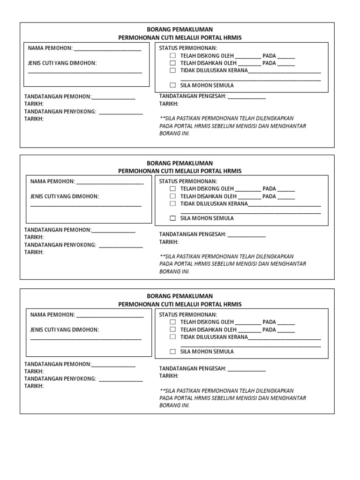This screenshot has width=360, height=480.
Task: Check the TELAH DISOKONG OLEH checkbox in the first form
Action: point(172,55)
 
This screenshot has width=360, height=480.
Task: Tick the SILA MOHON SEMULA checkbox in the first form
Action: point(172,85)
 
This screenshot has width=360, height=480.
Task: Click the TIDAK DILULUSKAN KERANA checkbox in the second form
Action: point(172,203)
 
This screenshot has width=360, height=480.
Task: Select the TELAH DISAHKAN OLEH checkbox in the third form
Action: point(172,330)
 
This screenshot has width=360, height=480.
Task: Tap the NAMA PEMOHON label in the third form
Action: point(52,315)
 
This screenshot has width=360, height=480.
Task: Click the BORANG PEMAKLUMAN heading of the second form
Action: point(180,163)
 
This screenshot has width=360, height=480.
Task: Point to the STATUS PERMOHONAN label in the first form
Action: point(188,48)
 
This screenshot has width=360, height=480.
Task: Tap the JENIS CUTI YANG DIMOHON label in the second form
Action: point(65,196)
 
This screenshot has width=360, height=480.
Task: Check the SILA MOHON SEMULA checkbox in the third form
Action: point(172,352)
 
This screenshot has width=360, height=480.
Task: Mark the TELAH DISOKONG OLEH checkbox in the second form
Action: point(172,188)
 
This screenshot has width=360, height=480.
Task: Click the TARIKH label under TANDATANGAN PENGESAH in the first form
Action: point(169,104)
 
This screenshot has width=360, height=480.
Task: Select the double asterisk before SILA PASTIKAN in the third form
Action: point(162,390)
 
